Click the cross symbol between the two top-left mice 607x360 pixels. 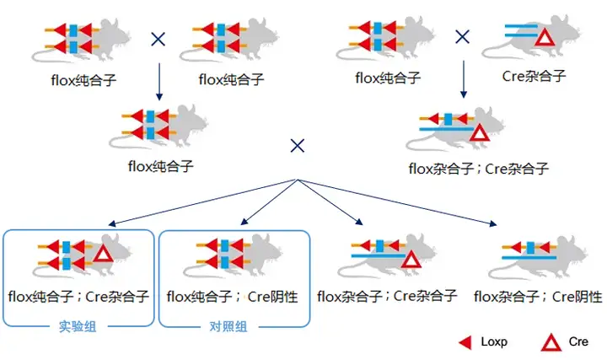click(x=158, y=39)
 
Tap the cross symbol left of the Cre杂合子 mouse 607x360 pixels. click(x=462, y=37)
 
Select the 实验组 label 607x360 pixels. click(x=78, y=326)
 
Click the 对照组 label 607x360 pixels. click(x=228, y=326)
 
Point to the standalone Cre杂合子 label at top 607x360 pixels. click(x=534, y=76)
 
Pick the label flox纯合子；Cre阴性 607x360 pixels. click(x=233, y=297)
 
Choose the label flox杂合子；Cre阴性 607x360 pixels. click(x=538, y=297)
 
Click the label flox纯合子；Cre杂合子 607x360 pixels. click(x=78, y=297)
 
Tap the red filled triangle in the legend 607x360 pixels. click(x=465, y=342)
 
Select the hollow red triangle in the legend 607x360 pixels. click(x=551, y=343)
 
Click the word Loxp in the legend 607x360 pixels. click(x=494, y=341)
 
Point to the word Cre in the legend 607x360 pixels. click(x=578, y=341)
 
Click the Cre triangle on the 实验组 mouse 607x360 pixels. click(x=104, y=255)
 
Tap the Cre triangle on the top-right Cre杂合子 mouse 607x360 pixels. click(x=545, y=38)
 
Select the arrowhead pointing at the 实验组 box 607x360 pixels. click(x=112, y=223)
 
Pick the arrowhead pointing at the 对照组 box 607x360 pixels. click(x=244, y=222)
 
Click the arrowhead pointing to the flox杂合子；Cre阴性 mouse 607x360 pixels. click(x=493, y=223)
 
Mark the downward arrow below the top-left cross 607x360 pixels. click(x=158, y=82)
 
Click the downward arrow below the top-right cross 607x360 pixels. click(x=464, y=79)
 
